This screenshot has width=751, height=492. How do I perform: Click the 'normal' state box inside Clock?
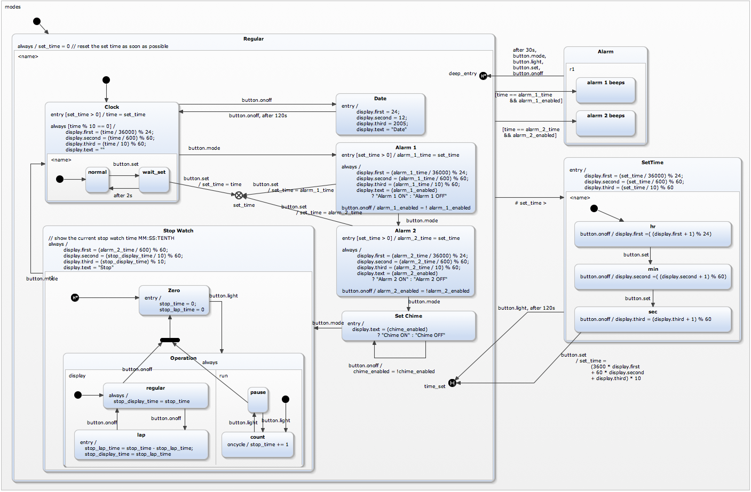coord(97,180)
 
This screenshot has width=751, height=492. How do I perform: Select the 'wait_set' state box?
coord(154,180)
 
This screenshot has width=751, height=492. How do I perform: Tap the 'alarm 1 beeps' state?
coord(605,90)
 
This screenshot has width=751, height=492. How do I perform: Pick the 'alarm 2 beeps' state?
coord(605,123)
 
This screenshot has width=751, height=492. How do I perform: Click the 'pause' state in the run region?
coord(258,400)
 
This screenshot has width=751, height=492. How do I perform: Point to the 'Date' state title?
coord(380,99)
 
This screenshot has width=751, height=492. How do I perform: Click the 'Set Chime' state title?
coord(408,316)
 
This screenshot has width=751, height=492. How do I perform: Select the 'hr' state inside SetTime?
coord(652,233)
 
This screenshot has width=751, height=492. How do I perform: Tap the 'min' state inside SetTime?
coord(652,276)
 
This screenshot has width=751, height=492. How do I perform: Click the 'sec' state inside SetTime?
coord(652,319)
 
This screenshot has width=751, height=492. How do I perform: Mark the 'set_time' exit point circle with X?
coord(239,196)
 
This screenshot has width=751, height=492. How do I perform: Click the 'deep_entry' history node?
coord(483,76)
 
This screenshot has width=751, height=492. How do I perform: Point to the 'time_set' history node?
coord(452,383)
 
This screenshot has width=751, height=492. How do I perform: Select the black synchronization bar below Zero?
coord(170,340)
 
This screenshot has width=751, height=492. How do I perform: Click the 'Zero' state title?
coord(174,291)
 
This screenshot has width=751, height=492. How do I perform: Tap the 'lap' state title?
coord(141,435)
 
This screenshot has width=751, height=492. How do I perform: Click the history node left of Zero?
coord(75,297)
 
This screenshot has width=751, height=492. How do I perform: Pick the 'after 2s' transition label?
coord(123,196)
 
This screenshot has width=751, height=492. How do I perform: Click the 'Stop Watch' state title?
coord(178,231)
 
